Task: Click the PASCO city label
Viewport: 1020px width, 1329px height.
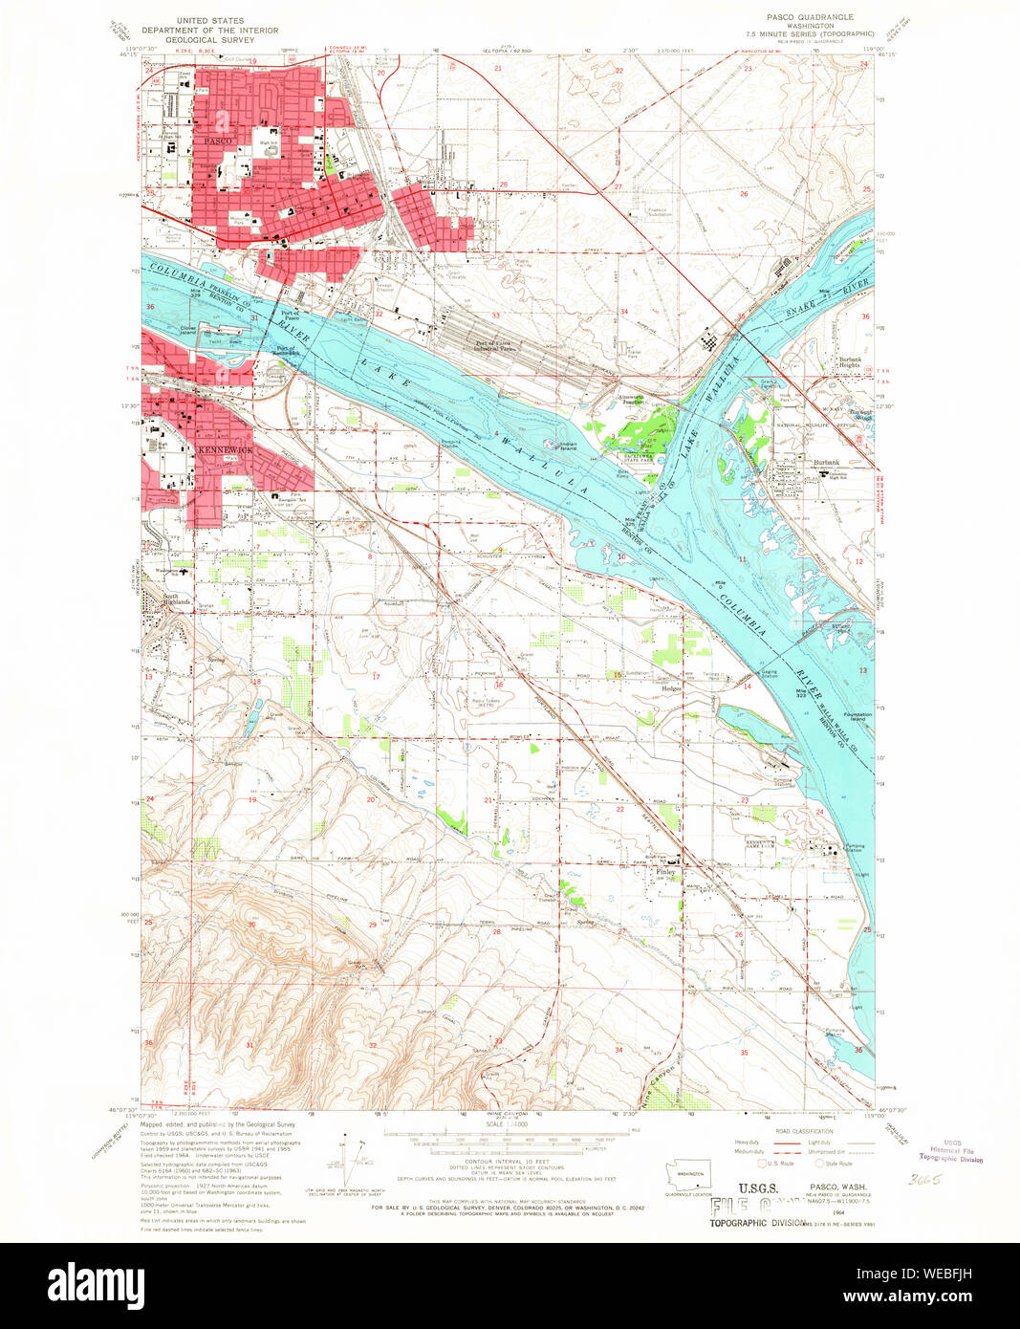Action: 218,141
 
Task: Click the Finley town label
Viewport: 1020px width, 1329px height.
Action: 665,872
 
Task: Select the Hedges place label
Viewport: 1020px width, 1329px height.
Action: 671,688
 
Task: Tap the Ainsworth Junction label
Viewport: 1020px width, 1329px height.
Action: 631,400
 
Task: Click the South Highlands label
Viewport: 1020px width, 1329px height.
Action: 177,599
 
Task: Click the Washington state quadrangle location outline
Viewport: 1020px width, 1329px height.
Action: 690,1174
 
